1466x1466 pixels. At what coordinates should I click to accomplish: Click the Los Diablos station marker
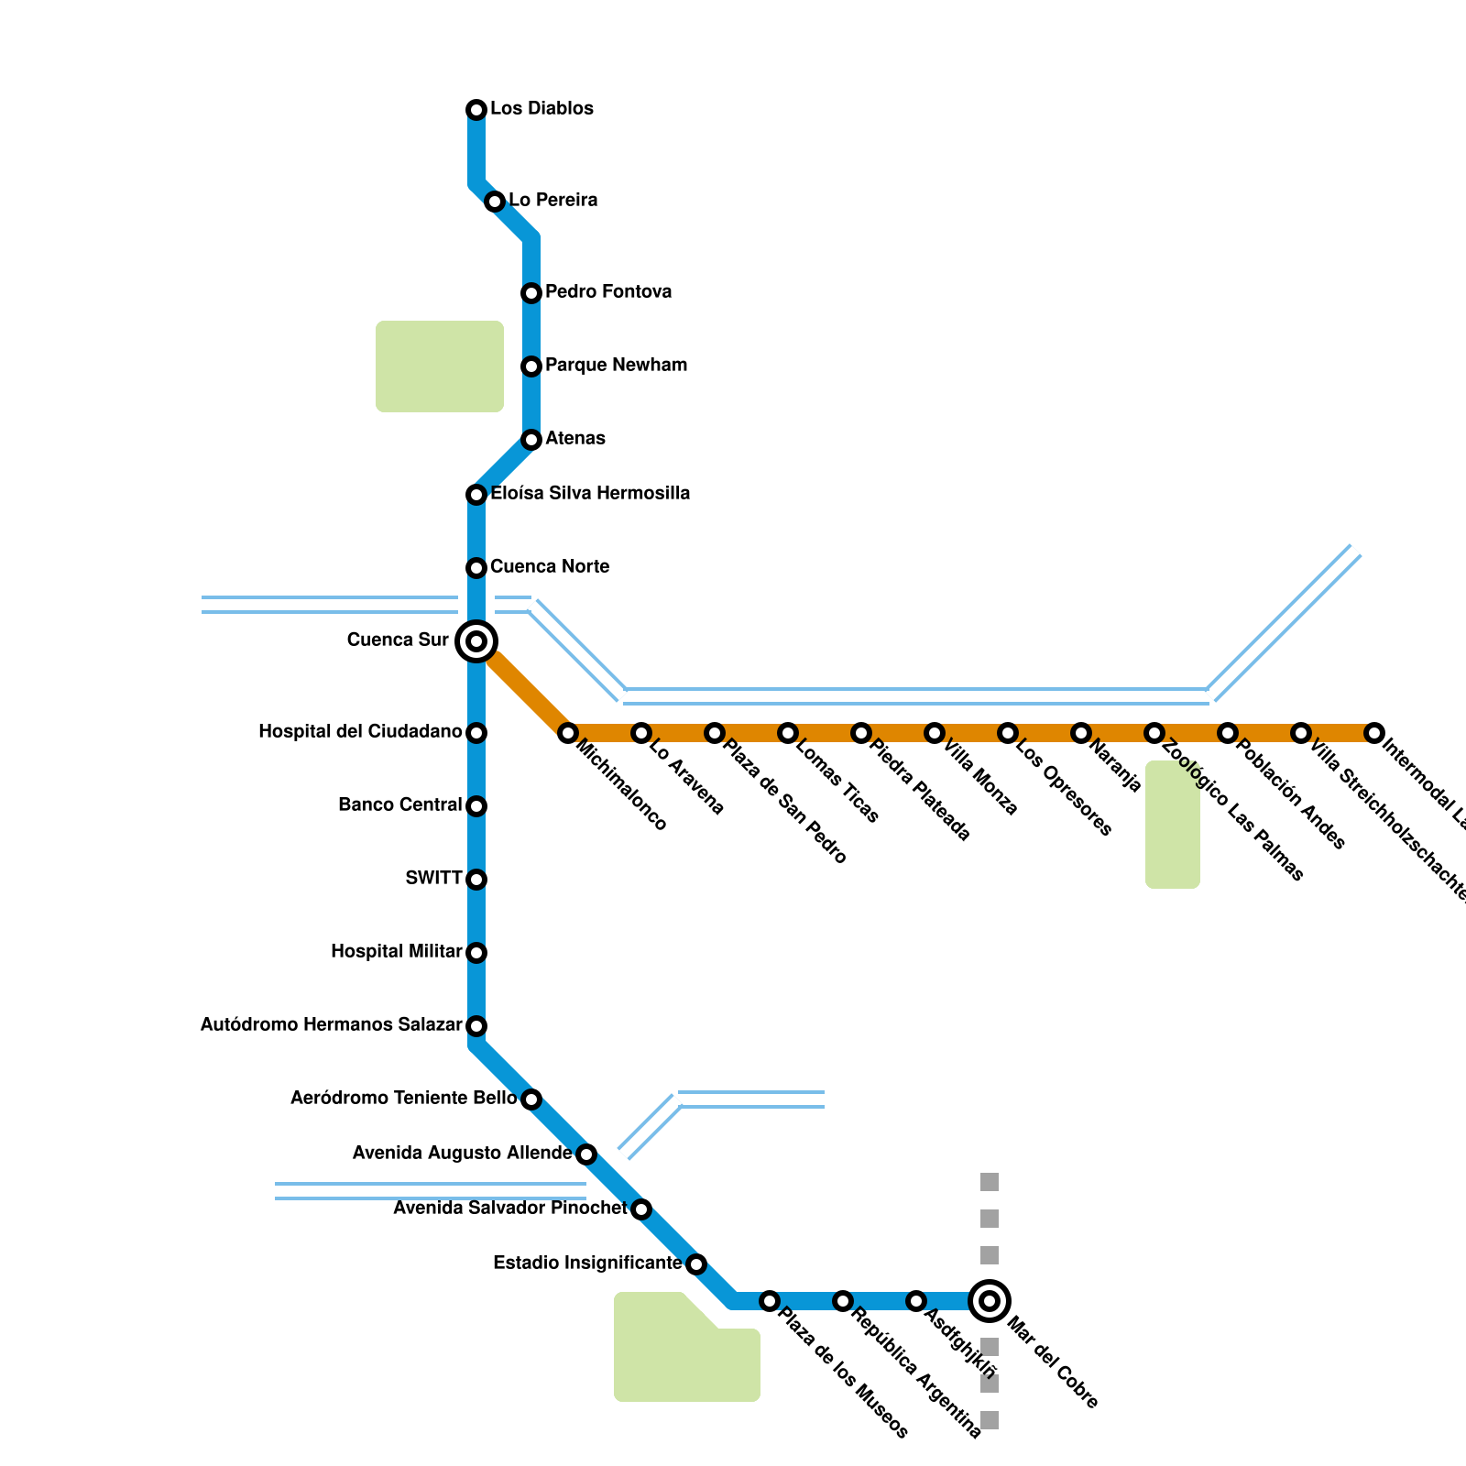tap(476, 110)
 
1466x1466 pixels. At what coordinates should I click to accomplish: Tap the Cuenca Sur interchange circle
tap(476, 641)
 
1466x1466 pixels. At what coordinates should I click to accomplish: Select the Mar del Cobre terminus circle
tap(990, 1301)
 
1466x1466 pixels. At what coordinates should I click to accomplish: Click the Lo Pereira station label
tap(552, 200)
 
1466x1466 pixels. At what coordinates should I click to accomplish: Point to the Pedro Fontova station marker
tap(531, 293)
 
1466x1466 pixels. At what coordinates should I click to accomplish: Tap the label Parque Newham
tap(616, 365)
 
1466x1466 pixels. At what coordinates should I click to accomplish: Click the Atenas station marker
tap(531, 440)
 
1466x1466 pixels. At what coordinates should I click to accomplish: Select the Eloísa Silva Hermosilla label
tap(590, 493)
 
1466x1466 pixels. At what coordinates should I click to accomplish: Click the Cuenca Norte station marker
tap(476, 568)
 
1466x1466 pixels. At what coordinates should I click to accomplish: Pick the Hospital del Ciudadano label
tap(360, 731)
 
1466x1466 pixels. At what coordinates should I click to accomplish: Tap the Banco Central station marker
tap(476, 806)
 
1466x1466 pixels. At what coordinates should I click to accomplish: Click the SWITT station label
tap(433, 878)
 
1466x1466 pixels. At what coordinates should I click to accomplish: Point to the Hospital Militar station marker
tap(476, 953)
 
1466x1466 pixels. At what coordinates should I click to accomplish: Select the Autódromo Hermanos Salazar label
tap(331, 1024)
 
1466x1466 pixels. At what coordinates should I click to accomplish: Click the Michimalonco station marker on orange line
tap(568, 733)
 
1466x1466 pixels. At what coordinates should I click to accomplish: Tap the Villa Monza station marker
tap(935, 733)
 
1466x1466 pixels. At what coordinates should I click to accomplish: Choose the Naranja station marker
tap(1081, 733)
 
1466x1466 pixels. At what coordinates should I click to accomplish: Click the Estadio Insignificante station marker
tap(696, 1264)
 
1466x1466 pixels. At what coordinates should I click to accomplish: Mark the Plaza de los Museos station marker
tap(770, 1301)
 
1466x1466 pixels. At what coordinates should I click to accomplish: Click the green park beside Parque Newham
tap(440, 366)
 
